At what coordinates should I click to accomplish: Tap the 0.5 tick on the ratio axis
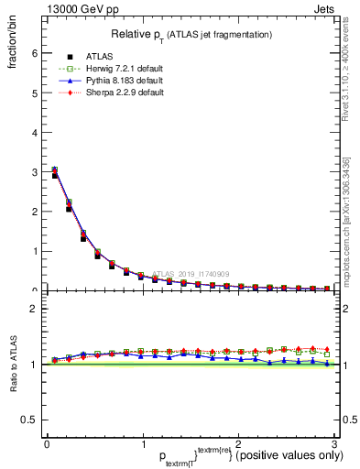pyautogui.click(x=30, y=420)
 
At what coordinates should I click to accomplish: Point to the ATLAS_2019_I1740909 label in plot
pyautogui.click(x=193, y=273)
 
